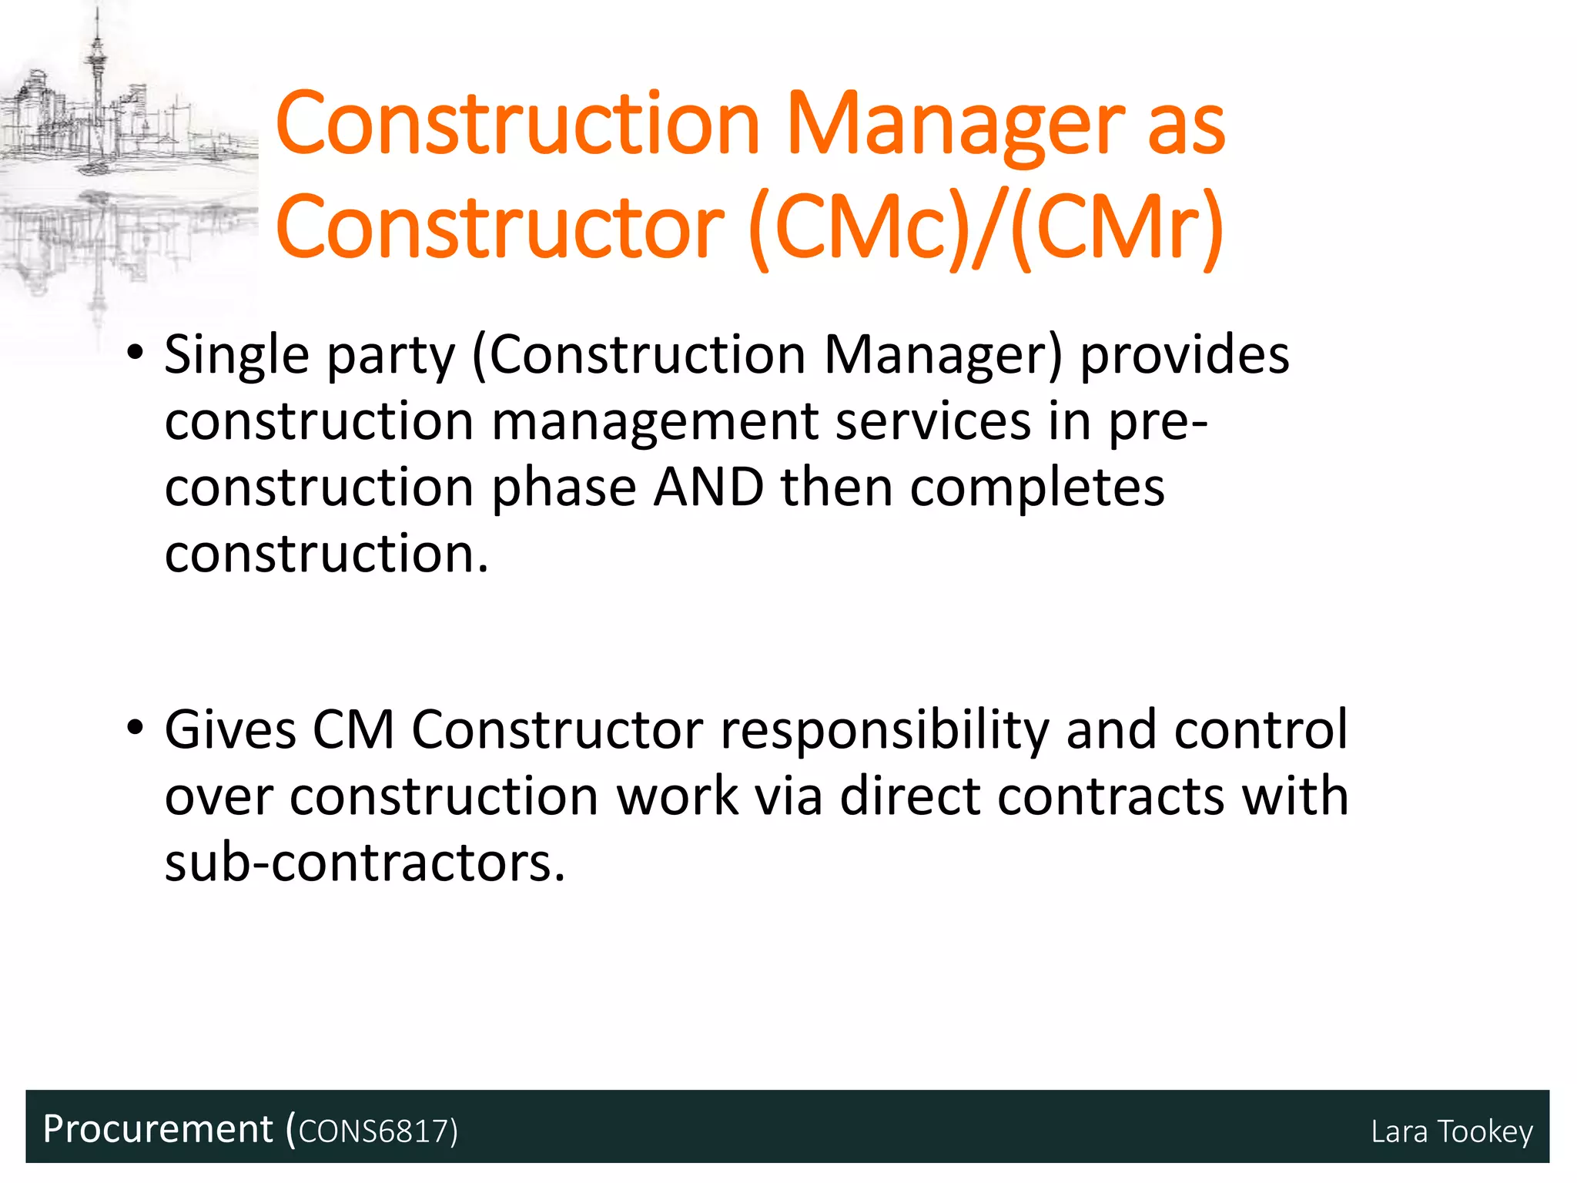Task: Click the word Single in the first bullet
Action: [x=236, y=356]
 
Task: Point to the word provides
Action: [x=1184, y=356]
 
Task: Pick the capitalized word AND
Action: [x=708, y=488]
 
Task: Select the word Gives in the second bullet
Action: [x=230, y=729]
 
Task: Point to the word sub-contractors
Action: [x=364, y=863]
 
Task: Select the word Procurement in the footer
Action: [x=158, y=1130]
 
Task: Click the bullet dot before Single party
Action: [x=136, y=355]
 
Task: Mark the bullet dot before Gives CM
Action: [x=136, y=729]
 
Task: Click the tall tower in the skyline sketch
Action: [x=97, y=77]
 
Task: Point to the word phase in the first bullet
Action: [x=564, y=489]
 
